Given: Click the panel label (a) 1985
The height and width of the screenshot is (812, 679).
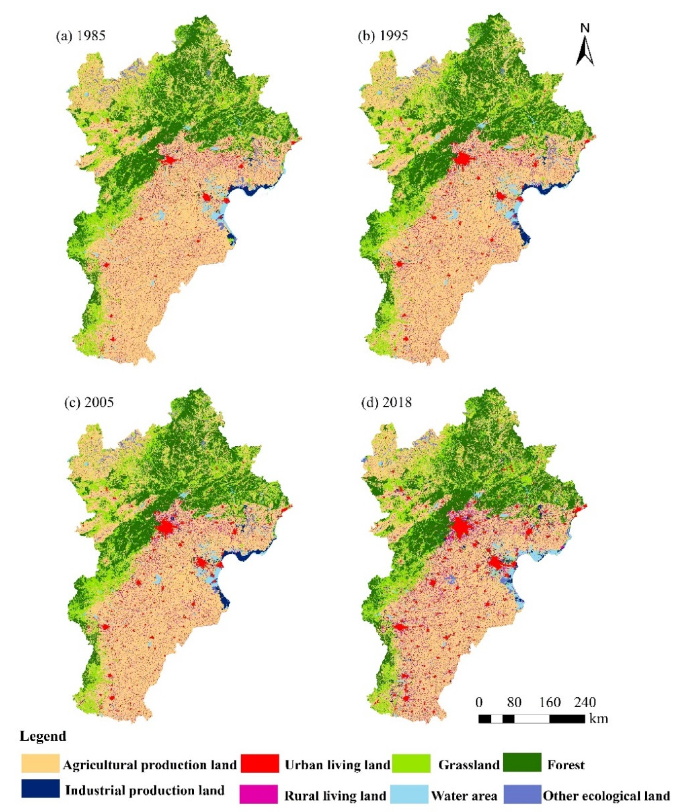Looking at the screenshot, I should (80, 36).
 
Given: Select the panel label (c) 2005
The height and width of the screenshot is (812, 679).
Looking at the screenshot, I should (89, 402).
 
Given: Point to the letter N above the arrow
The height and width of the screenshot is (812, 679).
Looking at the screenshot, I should (585, 28).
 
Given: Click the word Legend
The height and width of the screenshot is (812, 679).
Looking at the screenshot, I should (43, 736).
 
